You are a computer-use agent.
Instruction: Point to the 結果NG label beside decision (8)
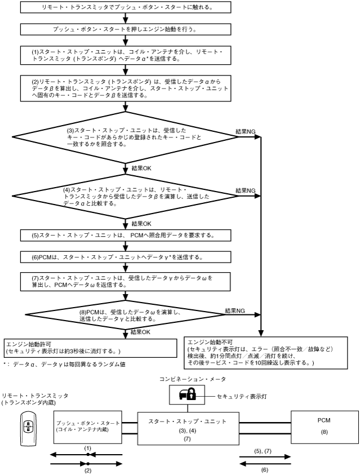(x=234, y=310)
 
